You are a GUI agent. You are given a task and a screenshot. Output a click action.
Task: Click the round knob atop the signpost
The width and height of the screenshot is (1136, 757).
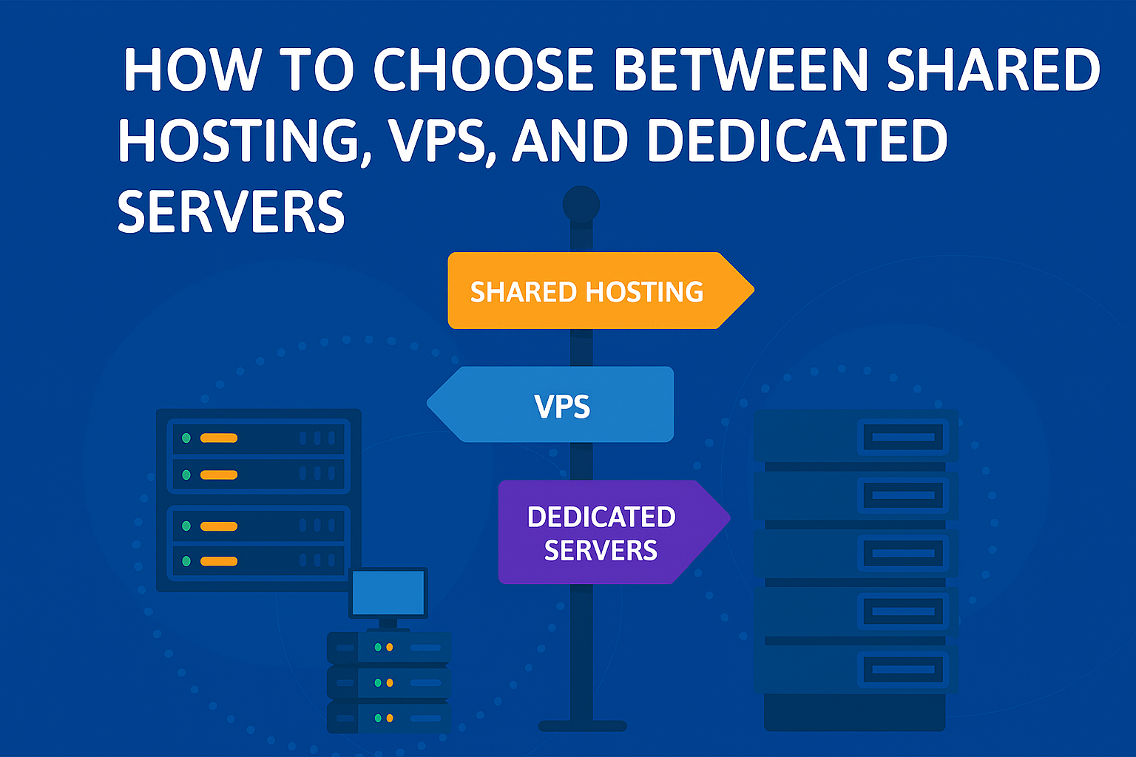click(581, 203)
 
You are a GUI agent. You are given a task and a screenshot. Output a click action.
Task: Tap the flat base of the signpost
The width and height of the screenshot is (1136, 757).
click(582, 726)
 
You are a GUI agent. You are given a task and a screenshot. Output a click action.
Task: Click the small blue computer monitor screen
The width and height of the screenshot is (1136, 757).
click(388, 594)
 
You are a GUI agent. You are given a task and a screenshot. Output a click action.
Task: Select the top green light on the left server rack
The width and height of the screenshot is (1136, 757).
click(186, 438)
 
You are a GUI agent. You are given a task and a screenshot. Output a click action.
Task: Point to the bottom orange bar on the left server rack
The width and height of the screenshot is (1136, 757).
click(219, 561)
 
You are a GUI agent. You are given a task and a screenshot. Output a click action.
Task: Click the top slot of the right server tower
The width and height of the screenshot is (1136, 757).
click(903, 437)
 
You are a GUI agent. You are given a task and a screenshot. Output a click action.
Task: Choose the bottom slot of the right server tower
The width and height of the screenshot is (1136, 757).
click(903, 670)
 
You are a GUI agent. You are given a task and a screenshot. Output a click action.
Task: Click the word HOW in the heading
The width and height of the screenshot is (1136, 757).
click(192, 71)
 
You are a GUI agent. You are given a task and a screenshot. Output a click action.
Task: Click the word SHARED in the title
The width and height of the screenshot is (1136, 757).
click(993, 71)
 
